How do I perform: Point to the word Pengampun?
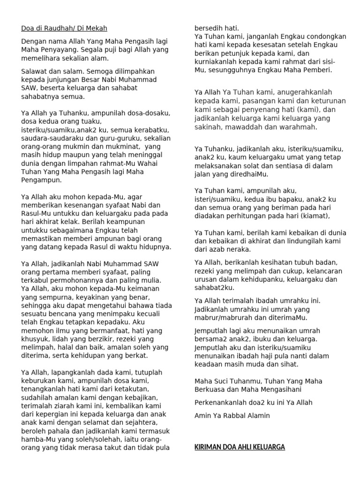(x=41, y=180)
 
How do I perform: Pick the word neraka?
(x=241, y=249)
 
